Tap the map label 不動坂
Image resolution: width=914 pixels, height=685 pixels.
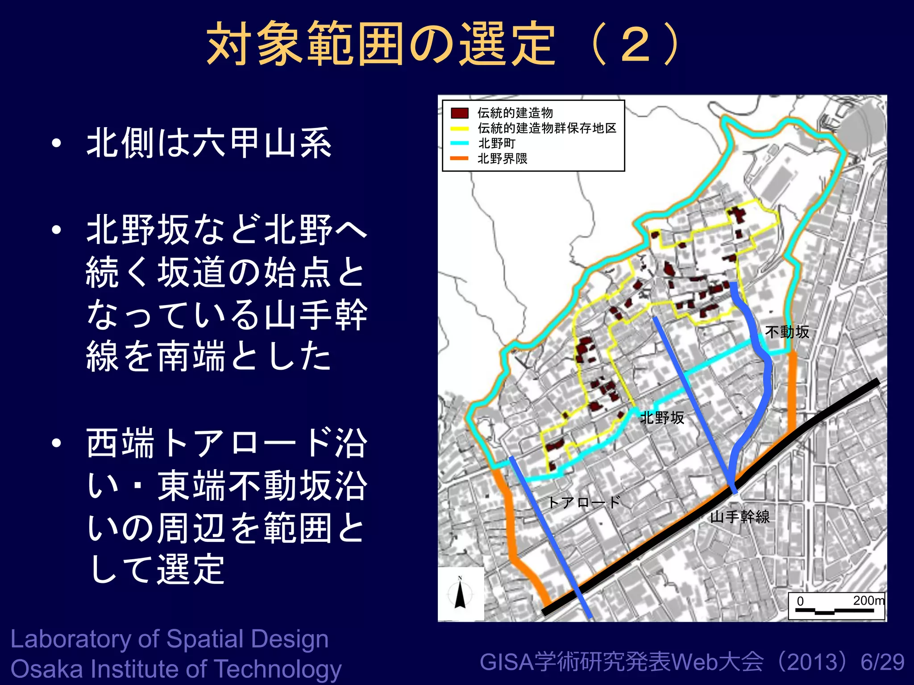pos(787,332)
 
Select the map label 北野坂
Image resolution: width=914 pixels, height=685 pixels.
pos(662,418)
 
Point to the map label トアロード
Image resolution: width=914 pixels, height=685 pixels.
pos(584,503)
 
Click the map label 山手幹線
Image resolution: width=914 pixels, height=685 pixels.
pos(740,517)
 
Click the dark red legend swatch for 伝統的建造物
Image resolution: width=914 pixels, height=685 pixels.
pos(459,113)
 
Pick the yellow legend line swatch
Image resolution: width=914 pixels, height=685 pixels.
pos(459,128)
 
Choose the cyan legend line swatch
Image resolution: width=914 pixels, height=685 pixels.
pos(459,143)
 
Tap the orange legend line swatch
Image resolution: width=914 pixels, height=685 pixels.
pos(459,158)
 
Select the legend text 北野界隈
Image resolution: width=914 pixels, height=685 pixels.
pos(503,159)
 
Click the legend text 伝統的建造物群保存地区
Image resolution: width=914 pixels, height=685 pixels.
pos(547,128)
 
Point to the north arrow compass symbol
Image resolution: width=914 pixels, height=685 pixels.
pos(460,593)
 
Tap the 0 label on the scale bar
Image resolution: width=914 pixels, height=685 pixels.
pos(800,601)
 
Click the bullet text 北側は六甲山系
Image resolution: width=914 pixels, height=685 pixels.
pos(209,143)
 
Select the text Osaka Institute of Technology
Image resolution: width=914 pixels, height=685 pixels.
pos(176,669)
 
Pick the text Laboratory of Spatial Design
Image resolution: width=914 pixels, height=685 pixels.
pos(170,639)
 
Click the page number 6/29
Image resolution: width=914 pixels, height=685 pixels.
pos(882,662)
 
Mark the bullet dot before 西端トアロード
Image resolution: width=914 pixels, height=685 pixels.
pos(56,443)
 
